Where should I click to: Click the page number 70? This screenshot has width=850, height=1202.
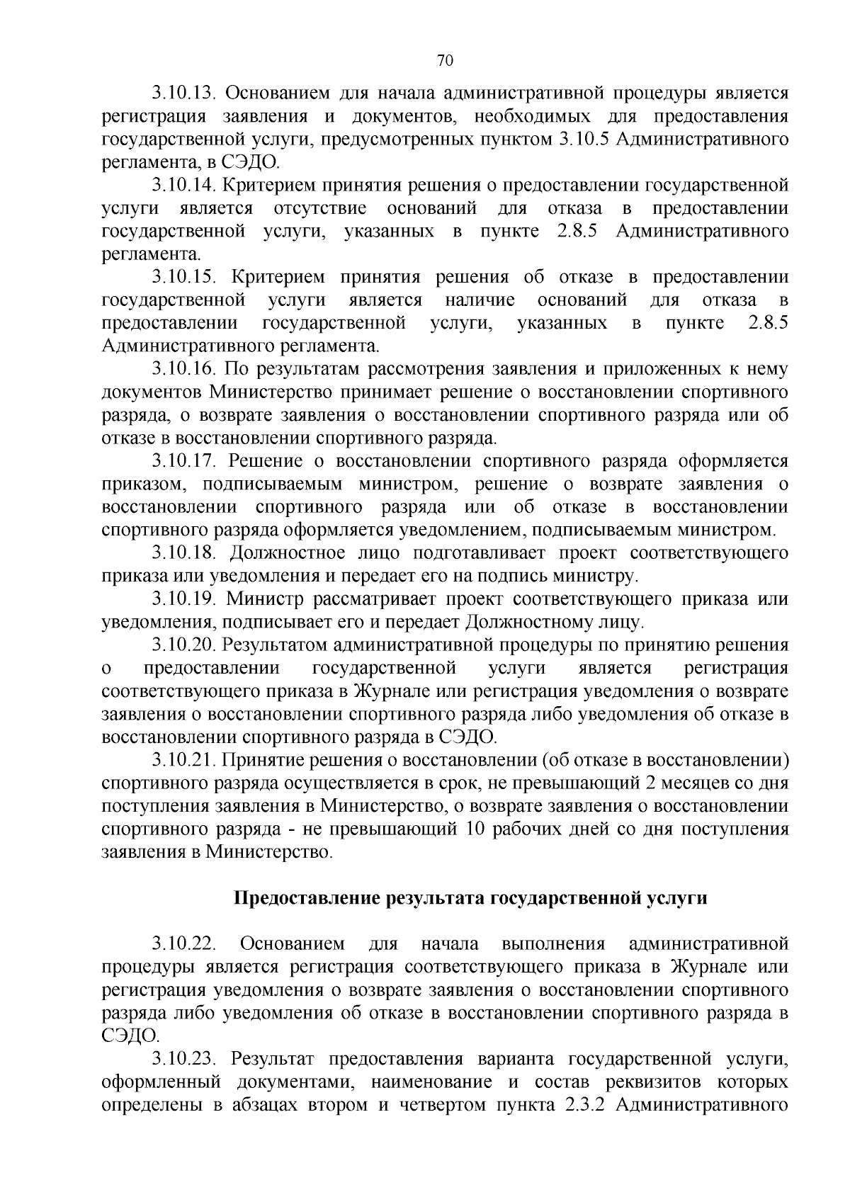point(446,61)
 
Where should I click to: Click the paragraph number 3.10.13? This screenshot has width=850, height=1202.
point(185,93)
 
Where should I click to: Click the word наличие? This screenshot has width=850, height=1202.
point(480,301)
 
